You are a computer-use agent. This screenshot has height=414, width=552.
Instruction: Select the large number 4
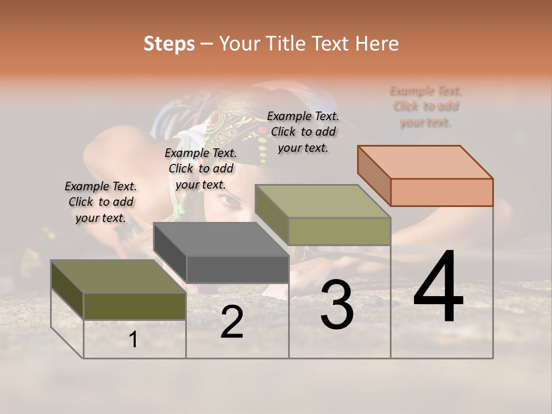[x=438, y=287]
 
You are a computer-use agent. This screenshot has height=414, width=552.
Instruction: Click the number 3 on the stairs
[x=337, y=305]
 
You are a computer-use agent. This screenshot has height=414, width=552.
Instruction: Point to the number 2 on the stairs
[x=232, y=322]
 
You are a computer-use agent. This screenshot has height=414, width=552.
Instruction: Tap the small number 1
[x=133, y=340]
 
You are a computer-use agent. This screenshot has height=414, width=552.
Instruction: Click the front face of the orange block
[x=442, y=192]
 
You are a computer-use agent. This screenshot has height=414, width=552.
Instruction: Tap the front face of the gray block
[x=237, y=269]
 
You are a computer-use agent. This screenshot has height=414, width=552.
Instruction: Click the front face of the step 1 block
[x=135, y=306]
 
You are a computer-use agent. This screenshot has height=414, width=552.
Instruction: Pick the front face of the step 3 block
[x=339, y=231]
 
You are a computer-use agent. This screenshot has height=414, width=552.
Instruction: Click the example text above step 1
[x=101, y=202]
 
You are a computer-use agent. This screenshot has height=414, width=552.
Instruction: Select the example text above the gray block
[x=201, y=168]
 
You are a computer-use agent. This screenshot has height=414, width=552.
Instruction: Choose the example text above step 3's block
[x=303, y=132]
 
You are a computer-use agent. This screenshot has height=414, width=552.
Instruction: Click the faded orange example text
[x=425, y=106]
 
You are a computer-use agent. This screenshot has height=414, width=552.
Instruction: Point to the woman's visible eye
[x=228, y=201]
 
